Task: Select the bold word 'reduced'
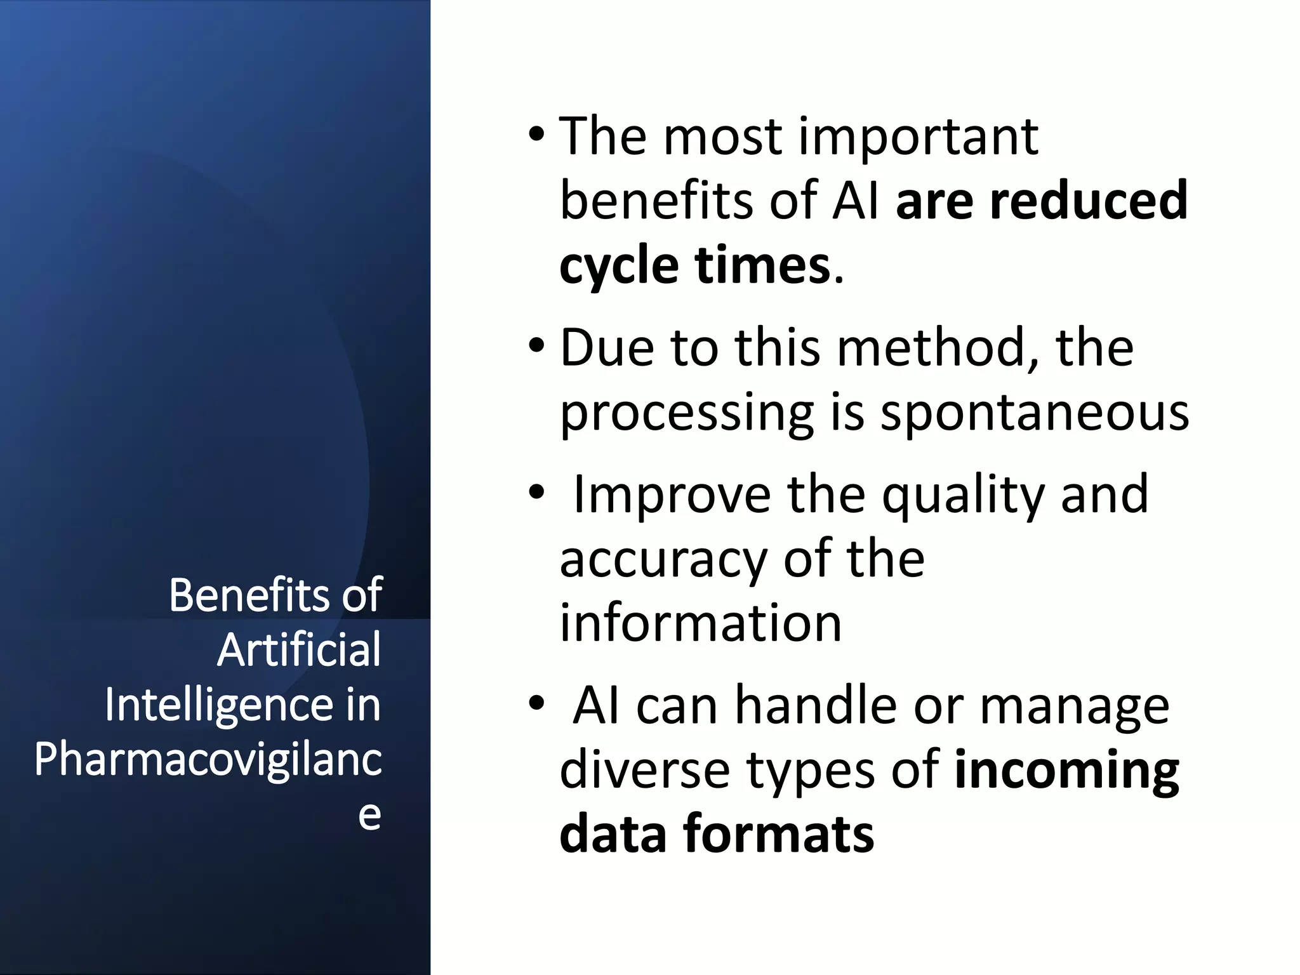click(1089, 201)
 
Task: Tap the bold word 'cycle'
click(619, 266)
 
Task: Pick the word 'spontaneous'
click(1035, 414)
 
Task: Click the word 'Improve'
click(671, 495)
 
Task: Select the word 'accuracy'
click(664, 560)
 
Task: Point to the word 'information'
click(700, 623)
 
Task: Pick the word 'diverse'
click(645, 771)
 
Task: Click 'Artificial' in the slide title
click(299, 650)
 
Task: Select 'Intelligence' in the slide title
click(219, 705)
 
